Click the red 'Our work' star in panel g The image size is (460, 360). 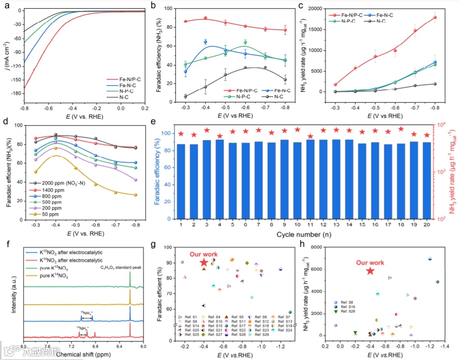click(x=204, y=262)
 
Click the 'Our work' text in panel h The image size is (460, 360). click(x=369, y=262)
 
